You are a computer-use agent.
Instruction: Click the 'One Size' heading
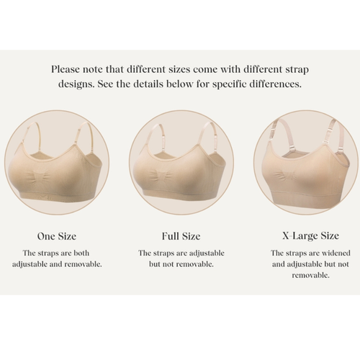point(56,235)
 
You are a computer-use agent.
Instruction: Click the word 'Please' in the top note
point(68,70)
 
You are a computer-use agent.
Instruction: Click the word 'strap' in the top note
point(294,70)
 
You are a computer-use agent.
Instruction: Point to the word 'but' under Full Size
point(156,264)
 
